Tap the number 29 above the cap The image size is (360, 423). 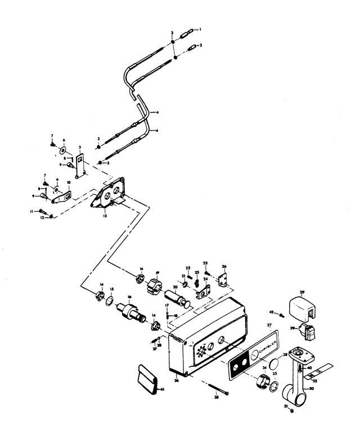301,292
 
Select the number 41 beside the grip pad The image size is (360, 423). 163,389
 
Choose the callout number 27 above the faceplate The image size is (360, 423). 269,326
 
